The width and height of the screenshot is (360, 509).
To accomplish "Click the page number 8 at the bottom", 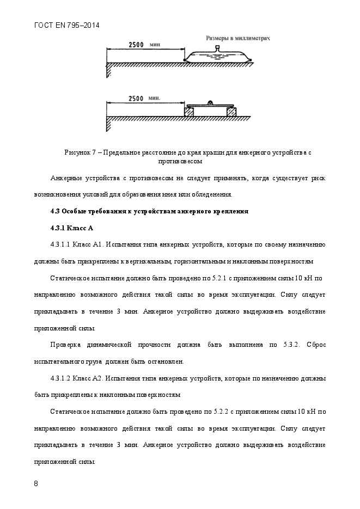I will (35, 484).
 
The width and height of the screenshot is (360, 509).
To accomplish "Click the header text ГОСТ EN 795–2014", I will (66, 25).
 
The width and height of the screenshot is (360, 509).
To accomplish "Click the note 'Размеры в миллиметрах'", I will (237, 39).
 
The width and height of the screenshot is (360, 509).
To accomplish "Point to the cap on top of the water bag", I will (217, 48).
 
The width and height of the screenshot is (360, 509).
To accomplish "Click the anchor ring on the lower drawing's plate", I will (210, 102).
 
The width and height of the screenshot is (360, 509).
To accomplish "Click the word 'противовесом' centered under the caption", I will (180, 161).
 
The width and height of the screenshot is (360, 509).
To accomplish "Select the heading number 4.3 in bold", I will (55, 211).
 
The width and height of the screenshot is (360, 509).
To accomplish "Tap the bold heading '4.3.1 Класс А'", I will (72, 228).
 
